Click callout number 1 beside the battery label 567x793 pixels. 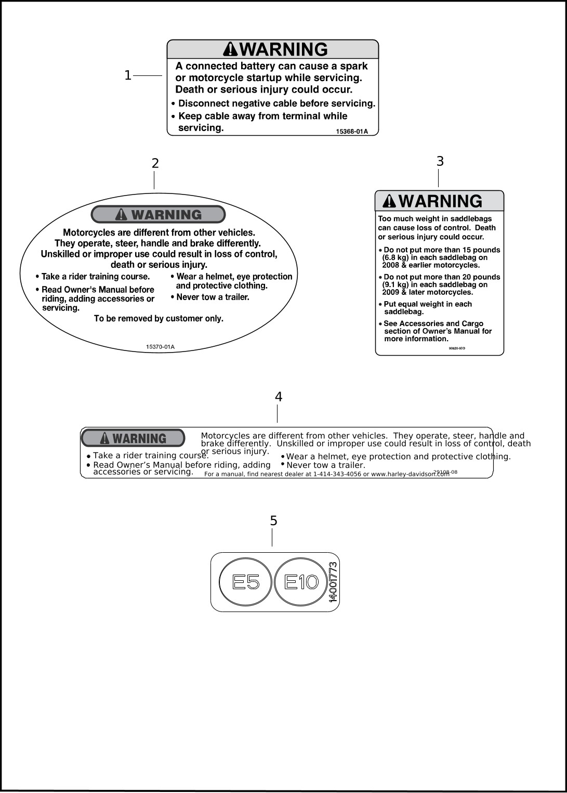[x=128, y=76]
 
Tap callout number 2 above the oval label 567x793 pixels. [x=155, y=164]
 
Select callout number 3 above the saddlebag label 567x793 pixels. [x=440, y=162]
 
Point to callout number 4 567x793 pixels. [x=279, y=397]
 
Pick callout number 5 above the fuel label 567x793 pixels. [x=274, y=521]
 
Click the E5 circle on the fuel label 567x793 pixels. [x=246, y=582]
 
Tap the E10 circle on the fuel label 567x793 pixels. [x=301, y=582]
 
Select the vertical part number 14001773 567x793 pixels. [x=333, y=582]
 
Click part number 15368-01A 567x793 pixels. [x=352, y=132]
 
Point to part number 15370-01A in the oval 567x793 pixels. [x=160, y=347]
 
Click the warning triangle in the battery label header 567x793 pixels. [x=230, y=49]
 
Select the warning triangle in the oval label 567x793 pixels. [x=122, y=214]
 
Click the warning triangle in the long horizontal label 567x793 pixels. [x=104, y=438]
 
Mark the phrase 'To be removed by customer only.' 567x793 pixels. [x=159, y=319]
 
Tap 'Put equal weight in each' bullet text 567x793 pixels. [x=428, y=304]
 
